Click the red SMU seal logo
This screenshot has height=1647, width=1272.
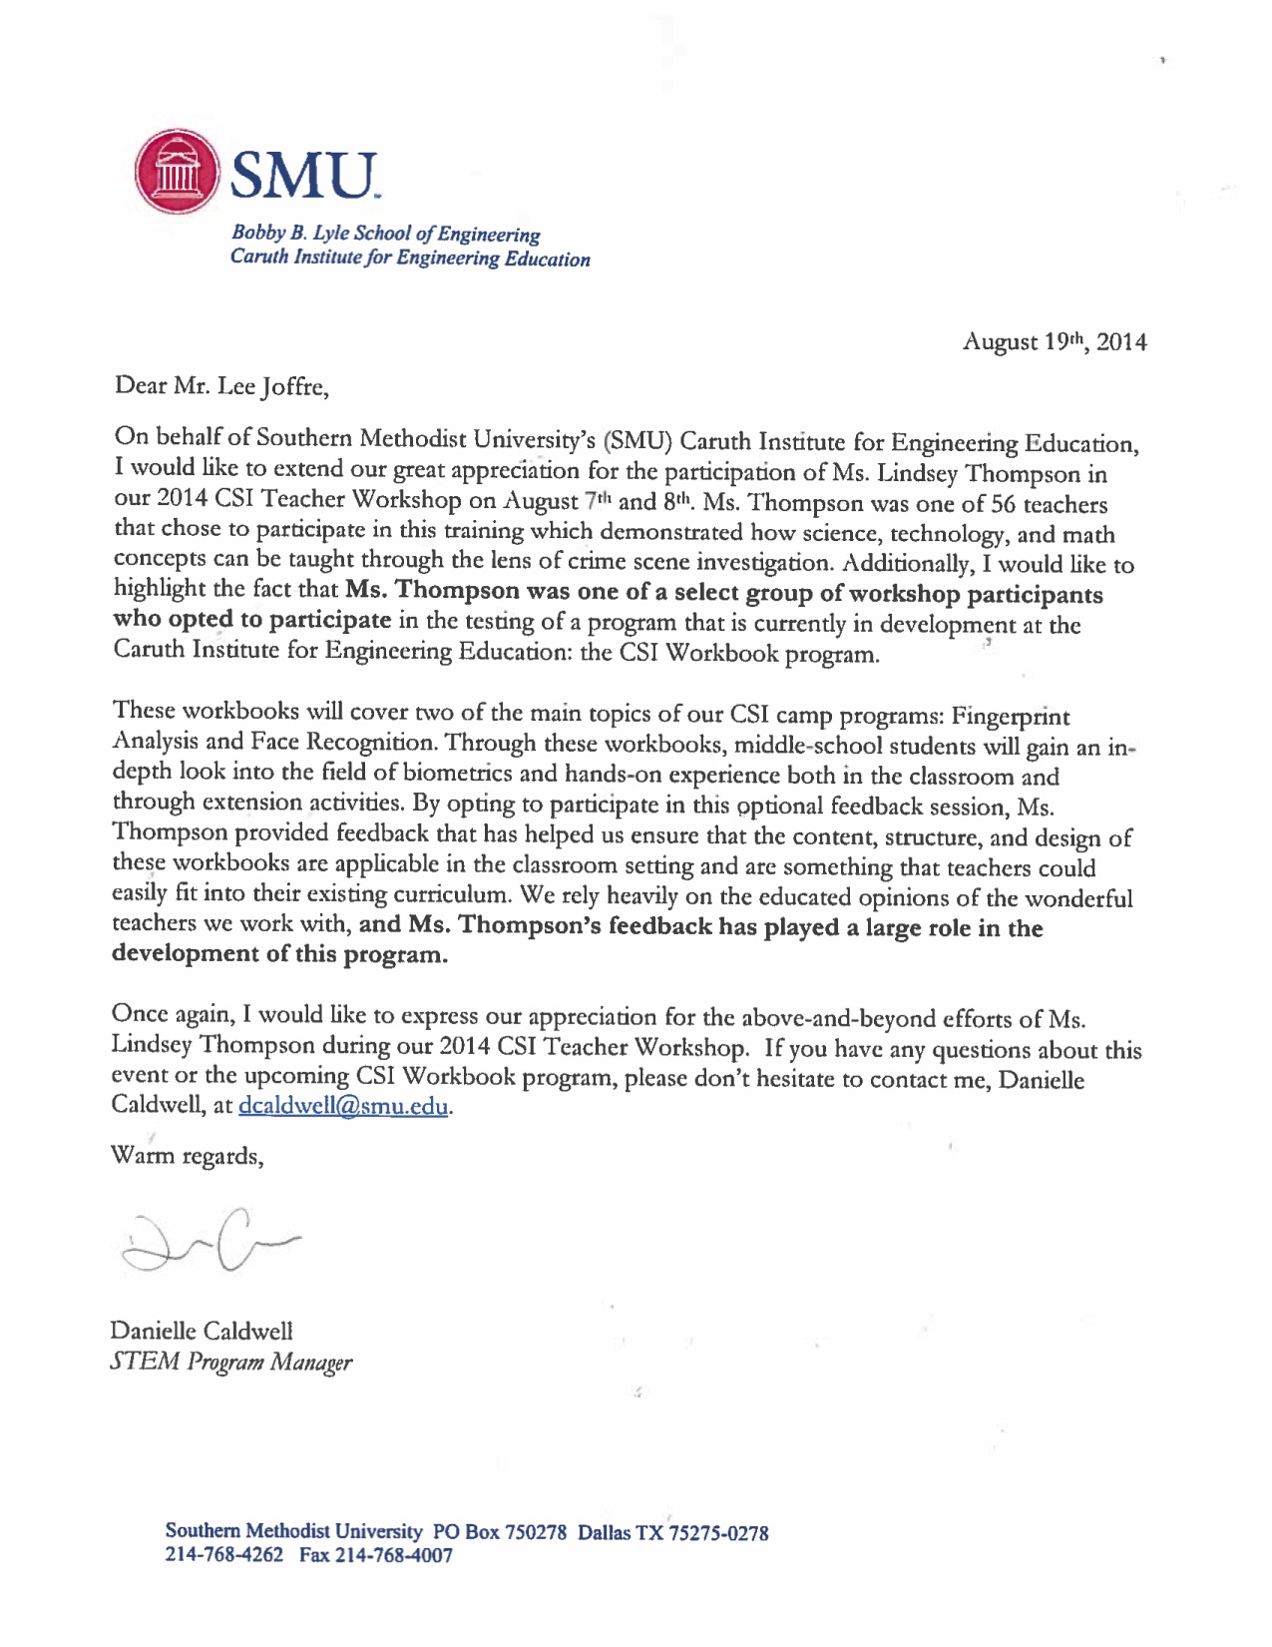click(x=176, y=173)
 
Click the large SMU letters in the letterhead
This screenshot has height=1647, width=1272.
click(x=304, y=174)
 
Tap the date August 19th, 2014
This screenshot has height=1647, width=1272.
click(x=1054, y=342)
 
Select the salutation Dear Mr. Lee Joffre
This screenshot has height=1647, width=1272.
click(x=221, y=386)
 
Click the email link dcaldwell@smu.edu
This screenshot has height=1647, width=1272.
click(x=344, y=1106)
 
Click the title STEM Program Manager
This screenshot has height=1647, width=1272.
click(x=231, y=1363)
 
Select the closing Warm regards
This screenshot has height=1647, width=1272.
click(x=188, y=1156)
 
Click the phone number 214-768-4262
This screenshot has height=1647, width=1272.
click(x=223, y=1555)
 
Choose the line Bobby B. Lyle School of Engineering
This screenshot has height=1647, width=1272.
click(x=385, y=234)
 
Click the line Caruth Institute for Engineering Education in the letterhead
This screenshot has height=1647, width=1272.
click(x=410, y=259)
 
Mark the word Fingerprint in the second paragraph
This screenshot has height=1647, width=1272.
click(x=1010, y=717)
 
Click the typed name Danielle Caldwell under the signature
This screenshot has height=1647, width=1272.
click(x=203, y=1331)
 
